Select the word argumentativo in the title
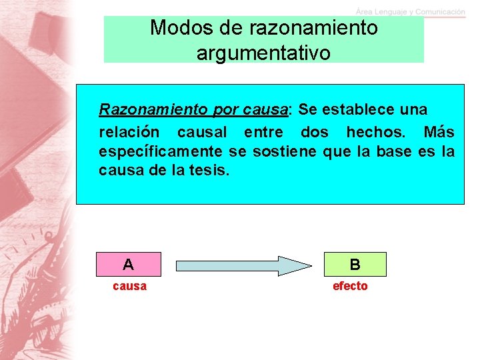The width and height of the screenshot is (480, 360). [x=263, y=53]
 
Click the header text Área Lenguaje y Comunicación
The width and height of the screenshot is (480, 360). [x=410, y=11]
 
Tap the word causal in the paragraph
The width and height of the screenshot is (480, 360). [x=202, y=131]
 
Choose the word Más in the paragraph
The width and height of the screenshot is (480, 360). [x=439, y=131]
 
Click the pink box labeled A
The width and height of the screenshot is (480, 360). [x=128, y=265]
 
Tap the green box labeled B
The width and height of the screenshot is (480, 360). [x=355, y=265]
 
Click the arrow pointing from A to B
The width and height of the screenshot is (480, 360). [x=243, y=265]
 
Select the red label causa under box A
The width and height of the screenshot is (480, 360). [x=130, y=286]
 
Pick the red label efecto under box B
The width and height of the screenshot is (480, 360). [x=350, y=286]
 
